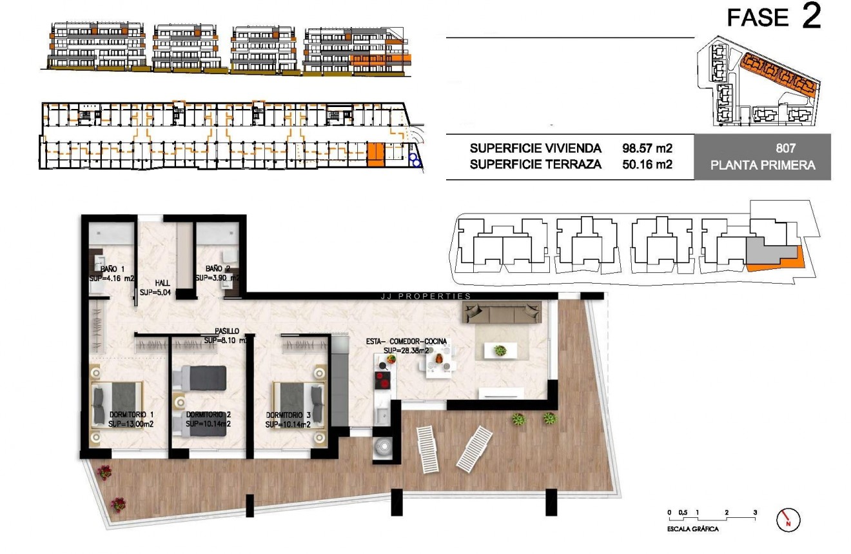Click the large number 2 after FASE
[x=811, y=17]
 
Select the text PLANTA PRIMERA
[x=763, y=165]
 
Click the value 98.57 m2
[x=647, y=148]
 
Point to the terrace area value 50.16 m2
[x=647, y=164]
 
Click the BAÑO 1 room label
[x=112, y=268]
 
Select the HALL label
[x=162, y=282]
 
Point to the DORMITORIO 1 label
[x=132, y=414]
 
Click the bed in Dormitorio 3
[x=298, y=404]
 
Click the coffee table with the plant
[x=500, y=350]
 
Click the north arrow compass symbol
[x=788, y=520]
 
